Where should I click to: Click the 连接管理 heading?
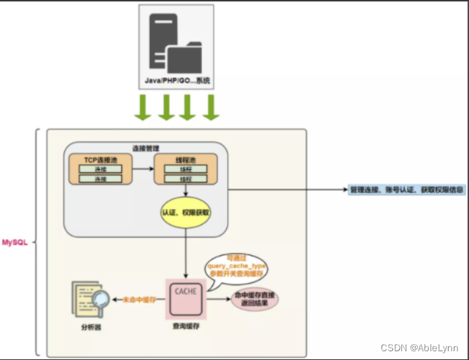tap(147, 147)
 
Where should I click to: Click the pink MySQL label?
tap(15, 241)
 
